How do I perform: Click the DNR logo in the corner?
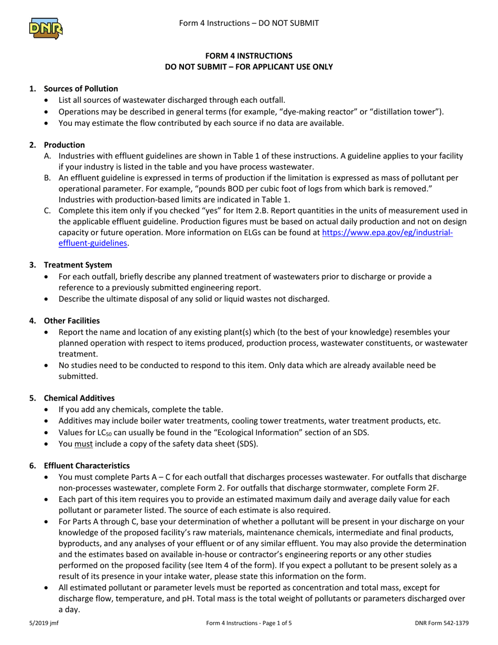click(46, 28)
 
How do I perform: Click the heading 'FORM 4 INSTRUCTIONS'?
click(248, 56)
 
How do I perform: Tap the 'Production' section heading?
click(64, 145)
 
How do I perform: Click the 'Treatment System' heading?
click(78, 265)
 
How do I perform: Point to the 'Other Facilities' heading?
click(72, 320)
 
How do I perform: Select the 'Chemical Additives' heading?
click(79, 398)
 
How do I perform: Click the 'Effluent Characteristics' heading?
click(86, 465)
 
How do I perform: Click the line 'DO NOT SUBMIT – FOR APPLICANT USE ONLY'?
click(248, 67)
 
